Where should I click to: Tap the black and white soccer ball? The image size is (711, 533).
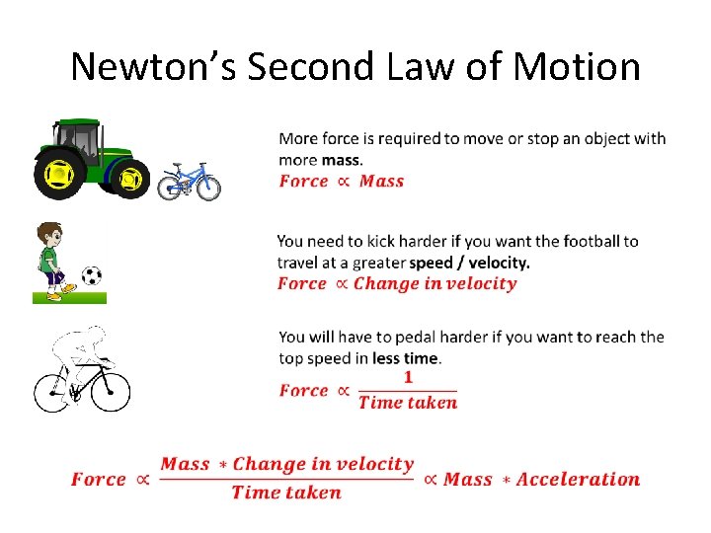click(92, 275)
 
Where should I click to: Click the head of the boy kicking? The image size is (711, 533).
click(50, 237)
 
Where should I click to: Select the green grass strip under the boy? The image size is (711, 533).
click(69, 295)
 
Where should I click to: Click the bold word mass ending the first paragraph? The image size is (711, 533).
click(341, 160)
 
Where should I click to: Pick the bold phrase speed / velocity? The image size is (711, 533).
click(470, 263)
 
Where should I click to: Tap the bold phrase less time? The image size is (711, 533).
click(406, 357)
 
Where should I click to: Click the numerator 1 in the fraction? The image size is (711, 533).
click(408, 378)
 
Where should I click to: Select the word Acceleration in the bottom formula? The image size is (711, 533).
click(578, 480)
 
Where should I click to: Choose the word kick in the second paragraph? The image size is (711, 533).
click(381, 241)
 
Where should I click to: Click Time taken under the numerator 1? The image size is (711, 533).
click(408, 402)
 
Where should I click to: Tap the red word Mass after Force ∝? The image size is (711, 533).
click(381, 181)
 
